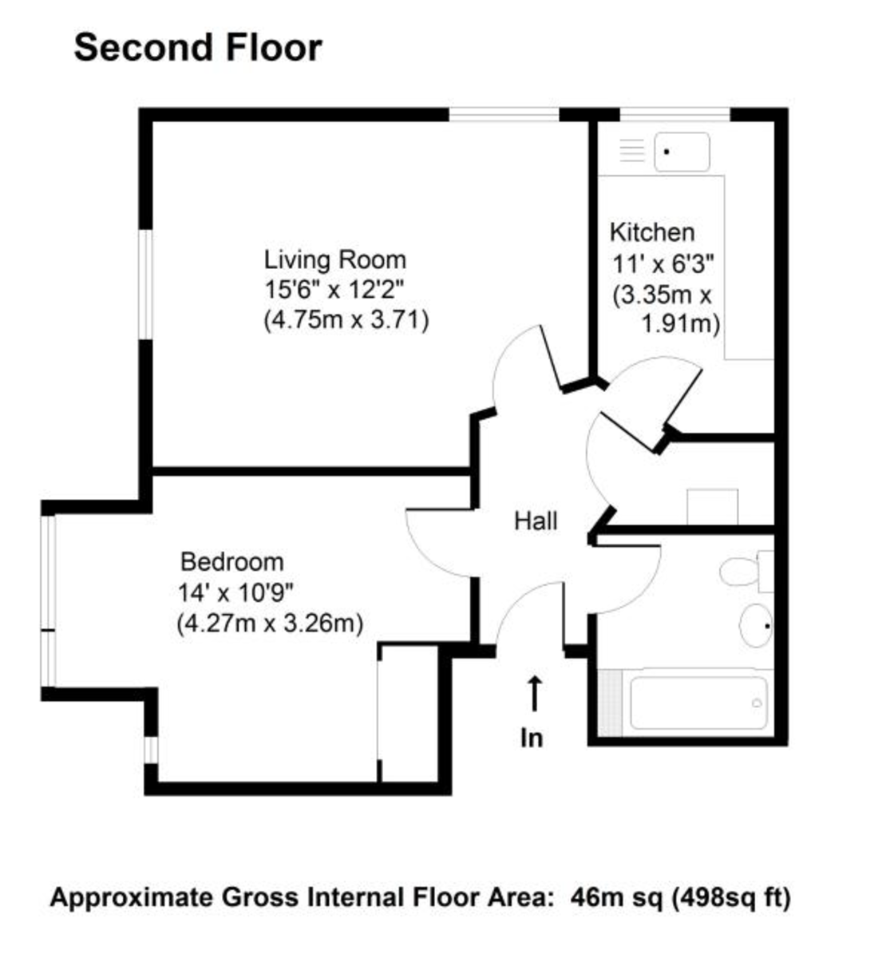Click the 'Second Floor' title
[198, 48]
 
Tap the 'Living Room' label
[335, 259]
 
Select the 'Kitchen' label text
[652, 232]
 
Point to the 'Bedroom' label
[231, 561]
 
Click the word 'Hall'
[536, 521]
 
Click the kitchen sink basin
[682, 152]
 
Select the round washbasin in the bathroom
[754, 625]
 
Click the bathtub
[698, 703]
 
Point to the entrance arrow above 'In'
[534, 692]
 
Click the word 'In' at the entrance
[532, 738]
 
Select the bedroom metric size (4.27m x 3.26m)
[270, 623]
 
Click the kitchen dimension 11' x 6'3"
[662, 263]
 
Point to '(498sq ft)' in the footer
[731, 897]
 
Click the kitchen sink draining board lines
[632, 151]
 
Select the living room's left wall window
[145, 283]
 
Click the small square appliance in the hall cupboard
[712, 506]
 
